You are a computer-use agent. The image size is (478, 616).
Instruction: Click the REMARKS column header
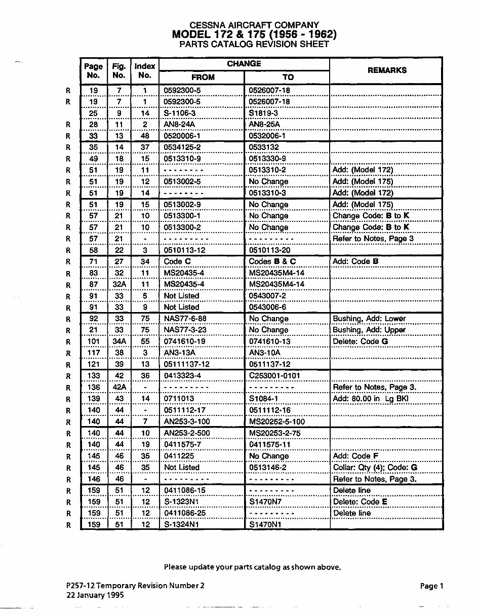pyautogui.click(x=386, y=70)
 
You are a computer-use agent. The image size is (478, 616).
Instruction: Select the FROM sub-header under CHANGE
pyautogui.click(x=203, y=77)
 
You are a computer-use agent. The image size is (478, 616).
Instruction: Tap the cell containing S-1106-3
pyautogui.click(x=182, y=113)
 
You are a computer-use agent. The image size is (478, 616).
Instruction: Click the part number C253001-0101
pyautogui.click(x=274, y=375)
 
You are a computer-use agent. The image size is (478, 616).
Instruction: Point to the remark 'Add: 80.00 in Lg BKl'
pyautogui.click(x=371, y=399)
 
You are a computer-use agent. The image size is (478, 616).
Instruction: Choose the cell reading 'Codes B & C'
pyautogui.click(x=272, y=261)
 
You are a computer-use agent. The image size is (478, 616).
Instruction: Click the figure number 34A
pyautogui.click(x=119, y=341)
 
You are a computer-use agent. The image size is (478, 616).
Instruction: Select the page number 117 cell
pyautogui.click(x=94, y=353)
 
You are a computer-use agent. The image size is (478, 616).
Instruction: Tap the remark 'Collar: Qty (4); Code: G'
pyautogui.click(x=375, y=467)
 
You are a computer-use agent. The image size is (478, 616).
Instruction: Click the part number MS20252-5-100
pyautogui.click(x=277, y=421)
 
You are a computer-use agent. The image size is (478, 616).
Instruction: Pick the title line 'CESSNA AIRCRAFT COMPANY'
pyautogui.click(x=254, y=25)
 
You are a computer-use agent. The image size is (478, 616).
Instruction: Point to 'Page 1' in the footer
pyautogui.click(x=431, y=586)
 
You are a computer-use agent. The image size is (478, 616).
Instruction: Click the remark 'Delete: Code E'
pyautogui.click(x=360, y=502)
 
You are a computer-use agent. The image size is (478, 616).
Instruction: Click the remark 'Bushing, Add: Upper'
pyautogui.click(x=369, y=330)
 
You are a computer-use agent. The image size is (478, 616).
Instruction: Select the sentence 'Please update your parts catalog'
pyautogui.click(x=252, y=567)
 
